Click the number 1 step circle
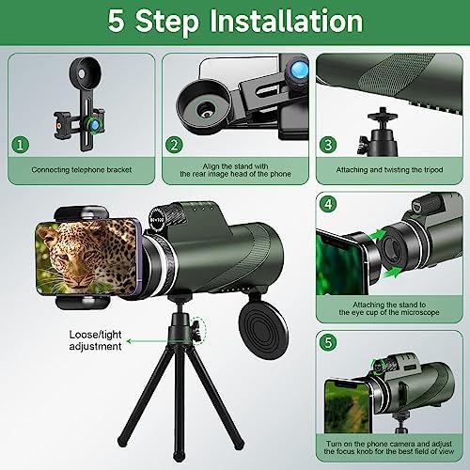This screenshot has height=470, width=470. click(x=19, y=146)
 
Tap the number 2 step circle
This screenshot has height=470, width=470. click(x=174, y=145)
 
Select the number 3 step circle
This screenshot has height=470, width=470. click(x=328, y=145)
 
